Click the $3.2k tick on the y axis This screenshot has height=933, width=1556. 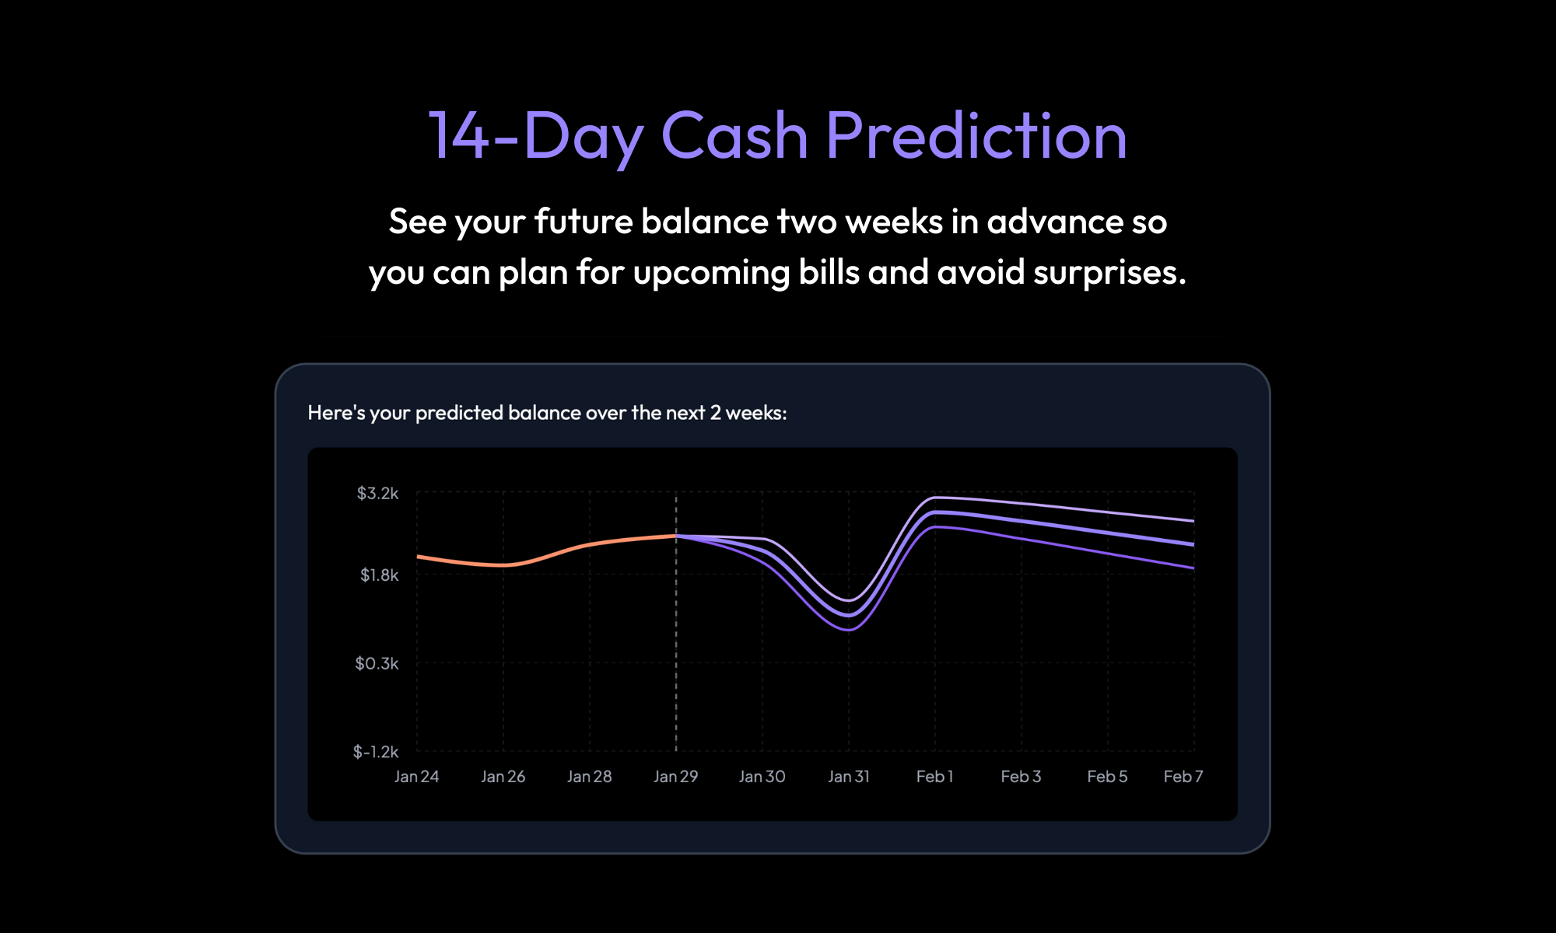click(377, 493)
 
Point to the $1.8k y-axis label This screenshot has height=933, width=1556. click(379, 575)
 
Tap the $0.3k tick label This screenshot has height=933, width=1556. click(377, 663)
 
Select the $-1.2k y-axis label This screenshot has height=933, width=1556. click(375, 751)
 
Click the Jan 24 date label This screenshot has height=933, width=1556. click(416, 776)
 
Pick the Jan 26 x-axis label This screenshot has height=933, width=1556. click(503, 776)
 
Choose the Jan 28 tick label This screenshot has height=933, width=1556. click(589, 776)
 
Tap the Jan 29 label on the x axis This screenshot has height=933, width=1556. click(675, 776)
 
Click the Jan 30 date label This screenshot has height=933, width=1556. click(762, 776)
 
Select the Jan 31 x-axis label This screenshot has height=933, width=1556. click(848, 776)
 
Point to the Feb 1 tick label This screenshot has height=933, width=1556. click(934, 776)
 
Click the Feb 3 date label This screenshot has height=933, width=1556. click(1021, 776)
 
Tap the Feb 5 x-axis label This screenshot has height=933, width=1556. click(1107, 776)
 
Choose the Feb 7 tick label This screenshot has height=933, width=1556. click(1183, 776)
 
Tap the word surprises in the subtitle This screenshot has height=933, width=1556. click(1109, 272)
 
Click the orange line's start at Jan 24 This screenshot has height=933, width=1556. click(418, 556)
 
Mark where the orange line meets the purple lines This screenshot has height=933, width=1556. click(676, 536)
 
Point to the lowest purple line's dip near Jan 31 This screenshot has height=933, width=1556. click(850, 630)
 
